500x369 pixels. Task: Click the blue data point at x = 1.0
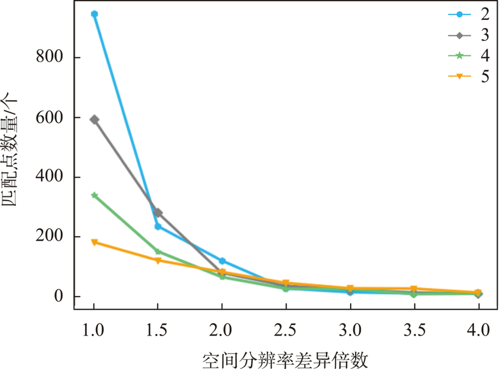[94, 14]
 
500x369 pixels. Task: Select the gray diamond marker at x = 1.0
[94, 119]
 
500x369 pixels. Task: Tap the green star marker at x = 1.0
[94, 195]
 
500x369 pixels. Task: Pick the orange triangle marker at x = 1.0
[94, 242]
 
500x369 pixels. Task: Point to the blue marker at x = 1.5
[158, 226]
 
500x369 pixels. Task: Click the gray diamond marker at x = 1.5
[158, 213]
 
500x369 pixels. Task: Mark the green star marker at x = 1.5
[158, 251]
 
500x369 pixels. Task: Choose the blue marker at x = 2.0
[222, 261]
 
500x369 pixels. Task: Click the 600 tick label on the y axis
[51, 118]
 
